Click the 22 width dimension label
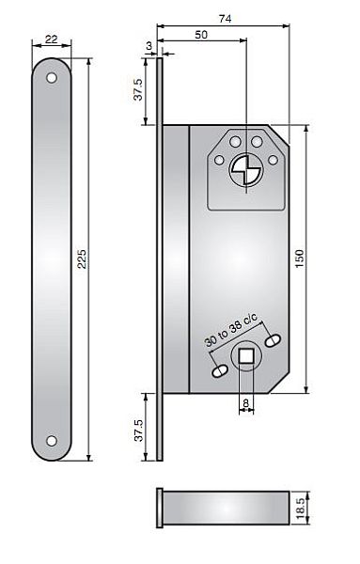(x=52, y=39)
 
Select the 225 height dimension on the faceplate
(x=83, y=259)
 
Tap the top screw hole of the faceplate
(x=52, y=78)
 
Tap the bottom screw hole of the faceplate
(x=52, y=441)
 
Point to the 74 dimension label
(x=226, y=19)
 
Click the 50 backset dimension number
(x=201, y=35)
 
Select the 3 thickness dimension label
(x=149, y=46)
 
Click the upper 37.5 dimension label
(x=138, y=89)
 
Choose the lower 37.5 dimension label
(x=138, y=431)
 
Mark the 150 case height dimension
(x=299, y=258)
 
